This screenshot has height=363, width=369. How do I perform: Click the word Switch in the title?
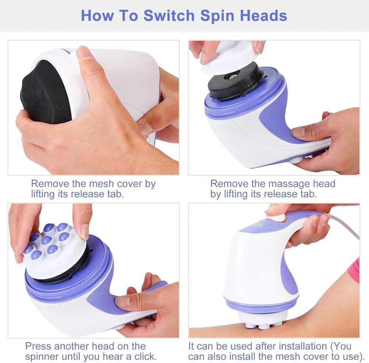pyautogui.click(x=169, y=16)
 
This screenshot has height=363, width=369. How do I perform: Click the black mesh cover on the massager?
pyautogui.click(x=45, y=93)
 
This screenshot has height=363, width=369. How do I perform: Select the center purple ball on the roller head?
pyautogui.click(x=46, y=240)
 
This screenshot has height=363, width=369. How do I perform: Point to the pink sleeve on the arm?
pyautogui.click(x=354, y=271)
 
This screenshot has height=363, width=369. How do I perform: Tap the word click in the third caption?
pyautogui.click(x=145, y=356)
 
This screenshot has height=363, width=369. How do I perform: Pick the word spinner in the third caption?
pyautogui.click(x=42, y=357)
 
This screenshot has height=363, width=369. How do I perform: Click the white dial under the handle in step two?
pyautogui.click(x=297, y=160)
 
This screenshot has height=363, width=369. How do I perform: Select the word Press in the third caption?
pyautogui.click(x=38, y=346)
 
